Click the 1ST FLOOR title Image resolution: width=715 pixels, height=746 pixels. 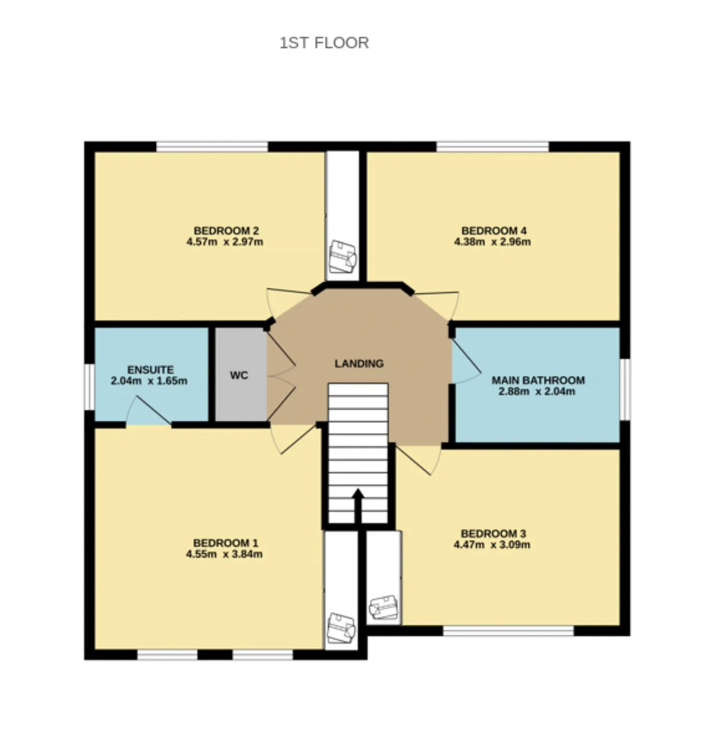coord(324,43)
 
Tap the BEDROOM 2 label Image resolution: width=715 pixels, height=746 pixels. coord(226,231)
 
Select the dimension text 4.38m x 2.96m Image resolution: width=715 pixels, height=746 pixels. coord(492,242)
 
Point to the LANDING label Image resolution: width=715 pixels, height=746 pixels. coord(359,363)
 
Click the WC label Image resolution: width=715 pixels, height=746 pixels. coord(239,376)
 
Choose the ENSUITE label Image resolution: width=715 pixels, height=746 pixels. coord(151,370)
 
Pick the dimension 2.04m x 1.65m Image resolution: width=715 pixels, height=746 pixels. coord(149,381)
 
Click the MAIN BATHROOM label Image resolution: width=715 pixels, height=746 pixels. coord(538,381)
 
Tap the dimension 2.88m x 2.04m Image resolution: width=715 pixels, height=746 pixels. coord(537,391)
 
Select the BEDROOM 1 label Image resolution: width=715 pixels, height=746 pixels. coord(226,543)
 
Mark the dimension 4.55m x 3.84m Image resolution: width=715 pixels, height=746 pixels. coord(224,554)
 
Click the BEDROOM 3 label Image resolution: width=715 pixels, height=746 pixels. coord(494,533)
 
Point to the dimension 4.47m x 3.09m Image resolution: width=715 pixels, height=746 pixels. coord(492,544)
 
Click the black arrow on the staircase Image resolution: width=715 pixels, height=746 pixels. coord(358,506)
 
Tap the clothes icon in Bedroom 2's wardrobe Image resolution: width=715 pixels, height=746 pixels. coord(342,256)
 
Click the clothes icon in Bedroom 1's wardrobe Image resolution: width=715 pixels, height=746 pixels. coord(341,628)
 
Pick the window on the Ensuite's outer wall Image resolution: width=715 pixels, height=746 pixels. coord(89,387)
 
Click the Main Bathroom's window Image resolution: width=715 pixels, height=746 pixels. coord(625,389)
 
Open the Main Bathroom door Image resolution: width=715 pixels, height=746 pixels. coord(466,362)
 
